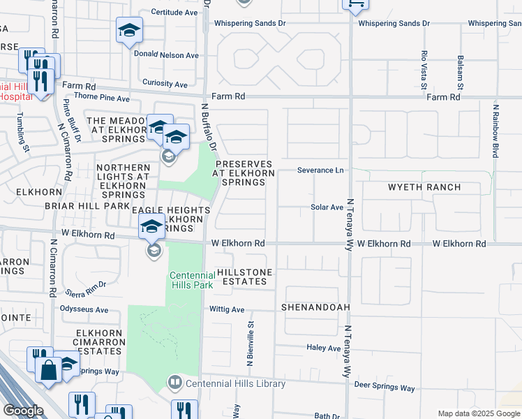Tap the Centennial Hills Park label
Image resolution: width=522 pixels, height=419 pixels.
point(192,280)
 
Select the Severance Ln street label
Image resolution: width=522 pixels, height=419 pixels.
point(320,170)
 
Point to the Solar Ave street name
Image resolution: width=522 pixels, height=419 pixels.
point(327,207)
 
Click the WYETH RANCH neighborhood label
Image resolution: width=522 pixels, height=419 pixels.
point(424,187)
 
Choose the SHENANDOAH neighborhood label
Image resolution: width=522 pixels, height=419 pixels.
point(315,307)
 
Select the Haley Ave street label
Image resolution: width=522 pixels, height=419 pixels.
point(323,348)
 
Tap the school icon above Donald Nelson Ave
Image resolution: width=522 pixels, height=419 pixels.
point(128,30)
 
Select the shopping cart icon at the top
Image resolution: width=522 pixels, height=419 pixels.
point(355,4)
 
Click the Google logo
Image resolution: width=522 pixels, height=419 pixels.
point(23,411)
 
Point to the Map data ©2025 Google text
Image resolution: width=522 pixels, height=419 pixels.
point(478,413)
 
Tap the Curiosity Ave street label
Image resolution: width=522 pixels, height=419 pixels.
point(164,84)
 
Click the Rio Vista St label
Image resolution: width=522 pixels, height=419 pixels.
point(424,71)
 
